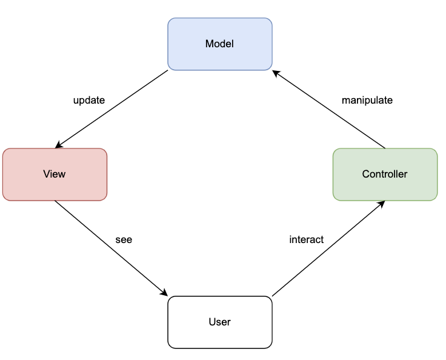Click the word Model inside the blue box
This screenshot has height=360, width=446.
coord(219,44)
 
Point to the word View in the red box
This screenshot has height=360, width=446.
coord(55,174)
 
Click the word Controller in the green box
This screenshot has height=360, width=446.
coord(385,174)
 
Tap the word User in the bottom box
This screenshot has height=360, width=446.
coord(219,322)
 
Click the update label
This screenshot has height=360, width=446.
coord(89,100)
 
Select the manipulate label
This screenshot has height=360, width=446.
coord(367,100)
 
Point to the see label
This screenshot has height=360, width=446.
coord(124,239)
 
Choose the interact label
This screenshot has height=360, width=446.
coord(307,239)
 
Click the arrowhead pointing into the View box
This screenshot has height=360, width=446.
coord(58,146)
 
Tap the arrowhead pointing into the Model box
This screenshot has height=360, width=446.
coord(276,72)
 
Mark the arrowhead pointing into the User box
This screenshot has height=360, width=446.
coord(164,293)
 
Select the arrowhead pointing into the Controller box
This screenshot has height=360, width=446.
coord(381,203)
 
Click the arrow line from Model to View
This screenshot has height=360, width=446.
coord(112,109)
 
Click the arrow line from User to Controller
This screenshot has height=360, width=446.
coord(327,249)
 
